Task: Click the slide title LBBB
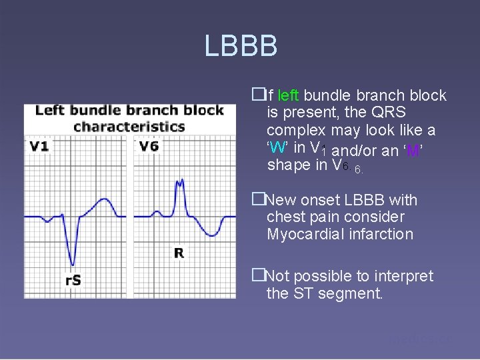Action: pyautogui.click(x=241, y=47)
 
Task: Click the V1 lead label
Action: pyautogui.click(x=39, y=146)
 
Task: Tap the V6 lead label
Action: pyautogui.click(x=149, y=146)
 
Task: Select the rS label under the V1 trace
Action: pyautogui.click(x=73, y=281)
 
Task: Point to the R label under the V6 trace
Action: pyautogui.click(x=179, y=253)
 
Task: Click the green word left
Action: pyautogui.click(x=288, y=95)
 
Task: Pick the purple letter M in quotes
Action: pyautogui.click(x=413, y=151)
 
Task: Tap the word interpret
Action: pyautogui.click(x=401, y=276)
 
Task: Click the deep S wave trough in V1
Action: pyautogui.click(x=72, y=263)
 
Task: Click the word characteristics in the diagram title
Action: pyautogui.click(x=129, y=127)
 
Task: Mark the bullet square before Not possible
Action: pyautogui.click(x=257, y=276)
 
